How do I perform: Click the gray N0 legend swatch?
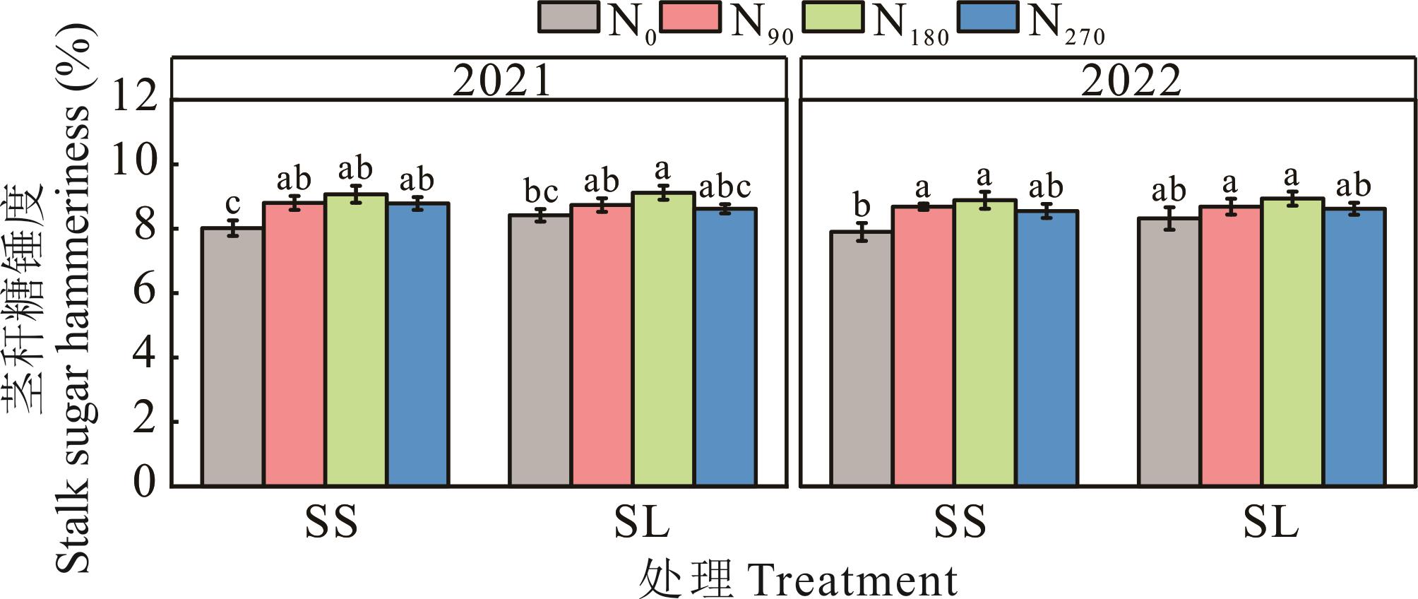[568, 17]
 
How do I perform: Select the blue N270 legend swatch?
[987, 17]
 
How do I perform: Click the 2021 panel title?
[501, 81]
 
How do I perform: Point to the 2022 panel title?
[1131, 81]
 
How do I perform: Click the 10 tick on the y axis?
[134, 165]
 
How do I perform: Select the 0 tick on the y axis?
[144, 486]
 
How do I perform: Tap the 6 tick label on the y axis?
[144, 292]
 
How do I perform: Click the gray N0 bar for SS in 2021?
[232, 357]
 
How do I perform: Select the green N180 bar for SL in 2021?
[663, 339]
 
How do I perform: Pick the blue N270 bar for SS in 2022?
[1047, 348]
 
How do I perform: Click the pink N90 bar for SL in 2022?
[1231, 346]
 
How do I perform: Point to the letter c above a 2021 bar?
[232, 204]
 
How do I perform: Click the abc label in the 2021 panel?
[725, 188]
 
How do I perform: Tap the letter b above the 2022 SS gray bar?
[861, 206]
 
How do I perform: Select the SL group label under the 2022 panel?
[1270, 523]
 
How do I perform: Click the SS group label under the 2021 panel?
[331, 523]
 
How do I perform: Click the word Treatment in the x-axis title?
[852, 581]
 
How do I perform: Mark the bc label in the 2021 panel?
[541, 191]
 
